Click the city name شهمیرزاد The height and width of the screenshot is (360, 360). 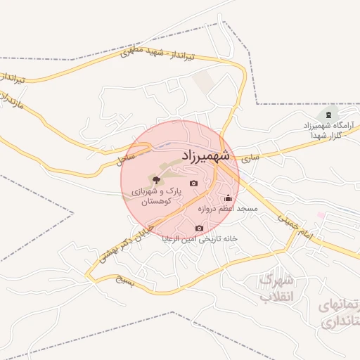tap(206, 154)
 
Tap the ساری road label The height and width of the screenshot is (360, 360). tap(250, 159)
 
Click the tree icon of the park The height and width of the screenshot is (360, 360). tap(155, 181)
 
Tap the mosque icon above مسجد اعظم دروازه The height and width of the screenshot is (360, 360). tap(228, 198)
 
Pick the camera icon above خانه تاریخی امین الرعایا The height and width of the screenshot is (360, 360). tap(199, 228)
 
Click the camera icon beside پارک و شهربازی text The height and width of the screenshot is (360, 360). tap(194, 184)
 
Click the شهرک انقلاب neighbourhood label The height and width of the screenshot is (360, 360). tap(275, 288)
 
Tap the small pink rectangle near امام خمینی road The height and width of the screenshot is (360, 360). tap(321, 214)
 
